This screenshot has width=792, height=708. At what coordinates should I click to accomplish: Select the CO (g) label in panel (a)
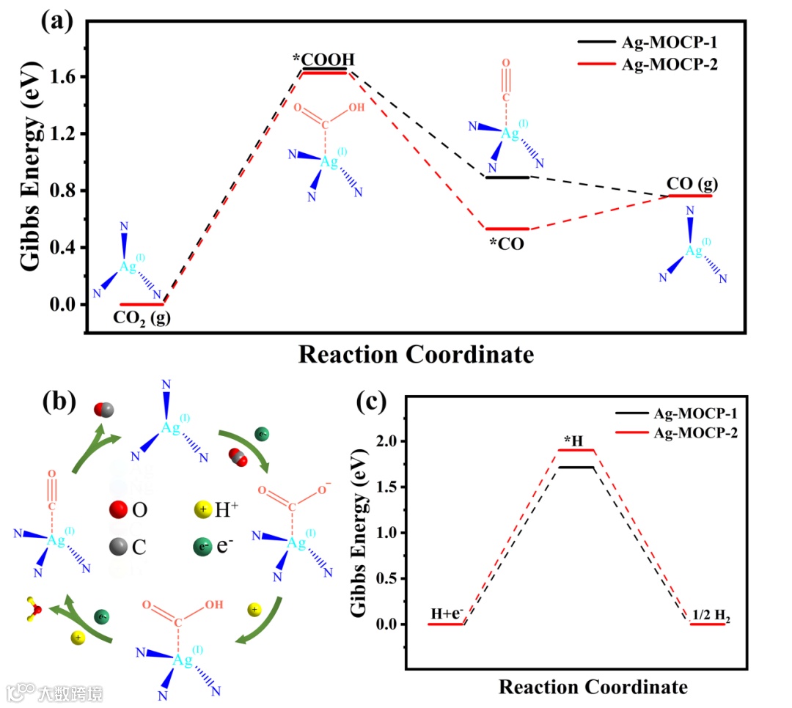[689, 182]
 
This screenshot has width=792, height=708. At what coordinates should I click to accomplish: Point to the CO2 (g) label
[141, 318]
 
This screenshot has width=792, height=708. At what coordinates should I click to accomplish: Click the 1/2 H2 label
[711, 617]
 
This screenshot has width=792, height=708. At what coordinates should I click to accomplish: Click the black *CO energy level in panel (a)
[507, 177]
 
